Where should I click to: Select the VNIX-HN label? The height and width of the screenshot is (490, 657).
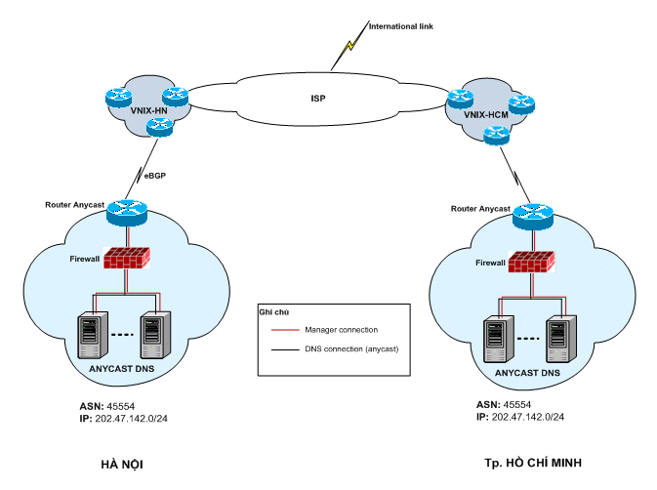point(148,110)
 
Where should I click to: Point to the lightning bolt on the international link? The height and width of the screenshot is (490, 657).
point(349,46)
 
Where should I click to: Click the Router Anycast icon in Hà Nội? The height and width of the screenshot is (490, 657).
point(126,207)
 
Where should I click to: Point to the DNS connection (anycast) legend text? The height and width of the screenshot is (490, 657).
point(352,348)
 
